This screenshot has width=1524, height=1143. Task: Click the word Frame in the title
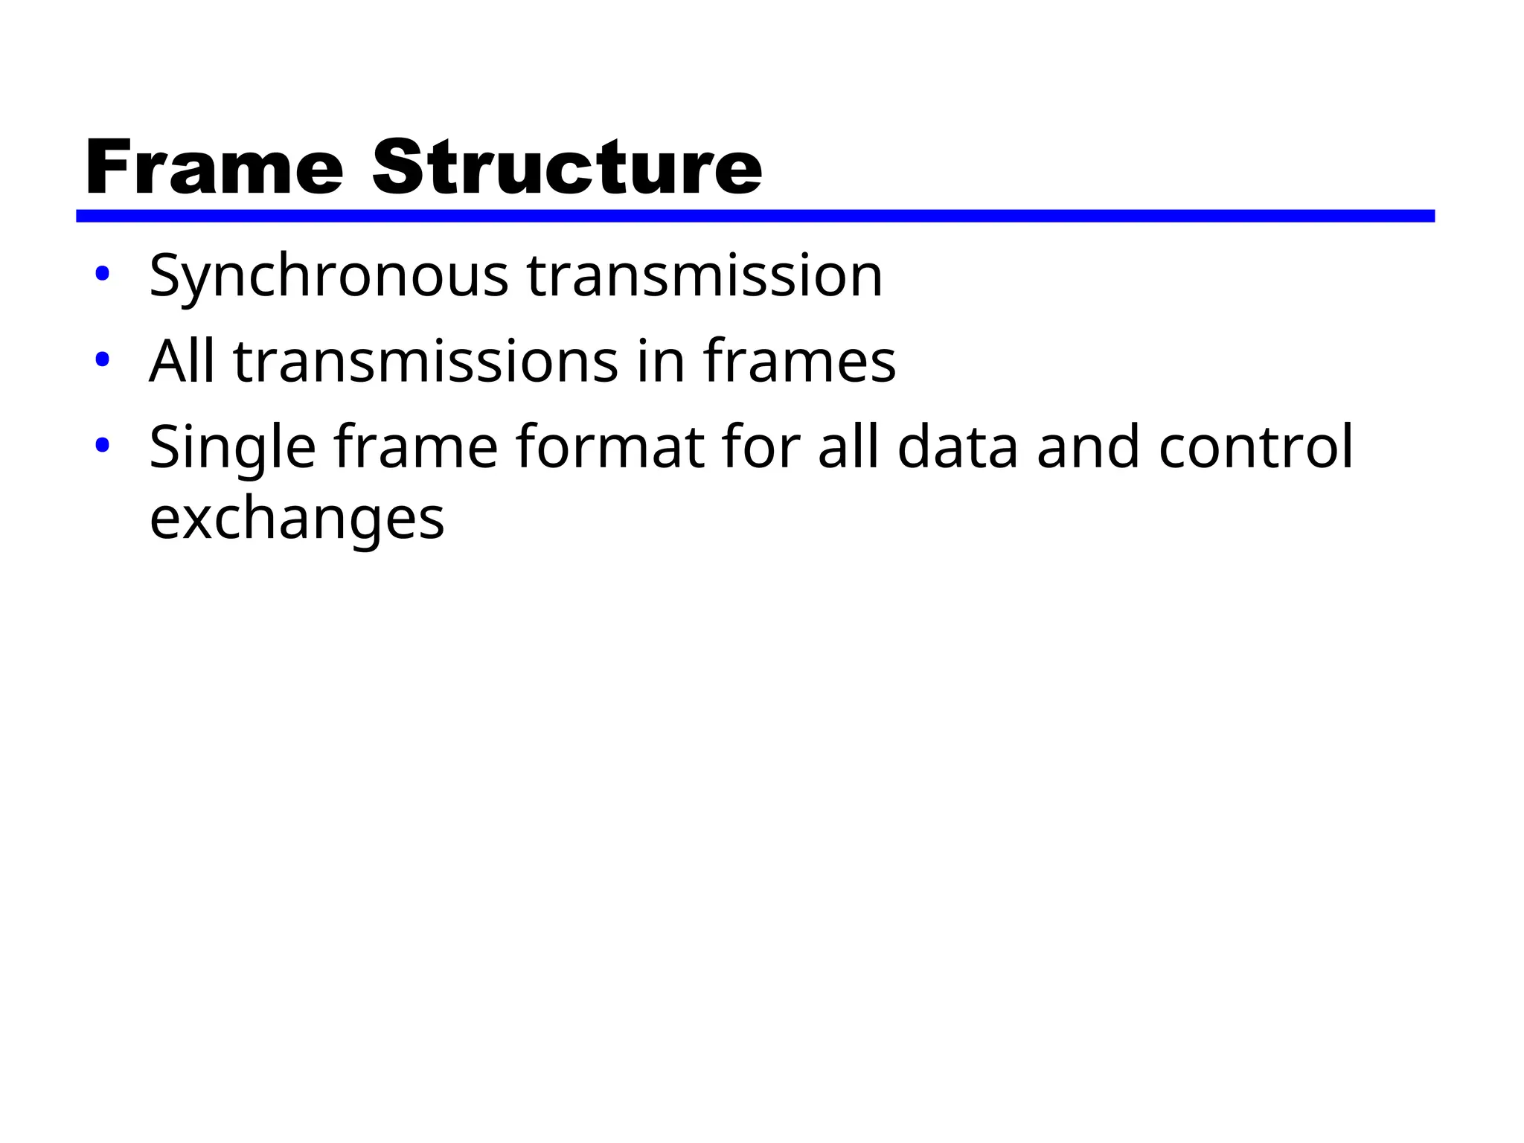[214, 168]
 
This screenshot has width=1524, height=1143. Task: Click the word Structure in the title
[567, 168]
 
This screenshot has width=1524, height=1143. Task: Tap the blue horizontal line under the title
[755, 216]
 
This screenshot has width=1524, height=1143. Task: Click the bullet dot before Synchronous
[103, 274]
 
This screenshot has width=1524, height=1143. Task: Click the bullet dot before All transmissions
[103, 360]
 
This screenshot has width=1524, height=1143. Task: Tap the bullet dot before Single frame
[103, 446]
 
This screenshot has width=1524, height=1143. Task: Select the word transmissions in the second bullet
[426, 362]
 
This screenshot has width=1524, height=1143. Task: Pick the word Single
[232, 449]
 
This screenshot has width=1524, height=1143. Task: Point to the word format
[609, 447]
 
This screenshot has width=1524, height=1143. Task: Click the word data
[958, 447]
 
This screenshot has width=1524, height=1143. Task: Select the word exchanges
[297, 519]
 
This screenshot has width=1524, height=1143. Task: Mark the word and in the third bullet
[1088, 447]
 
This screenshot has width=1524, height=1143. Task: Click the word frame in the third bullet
[415, 447]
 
